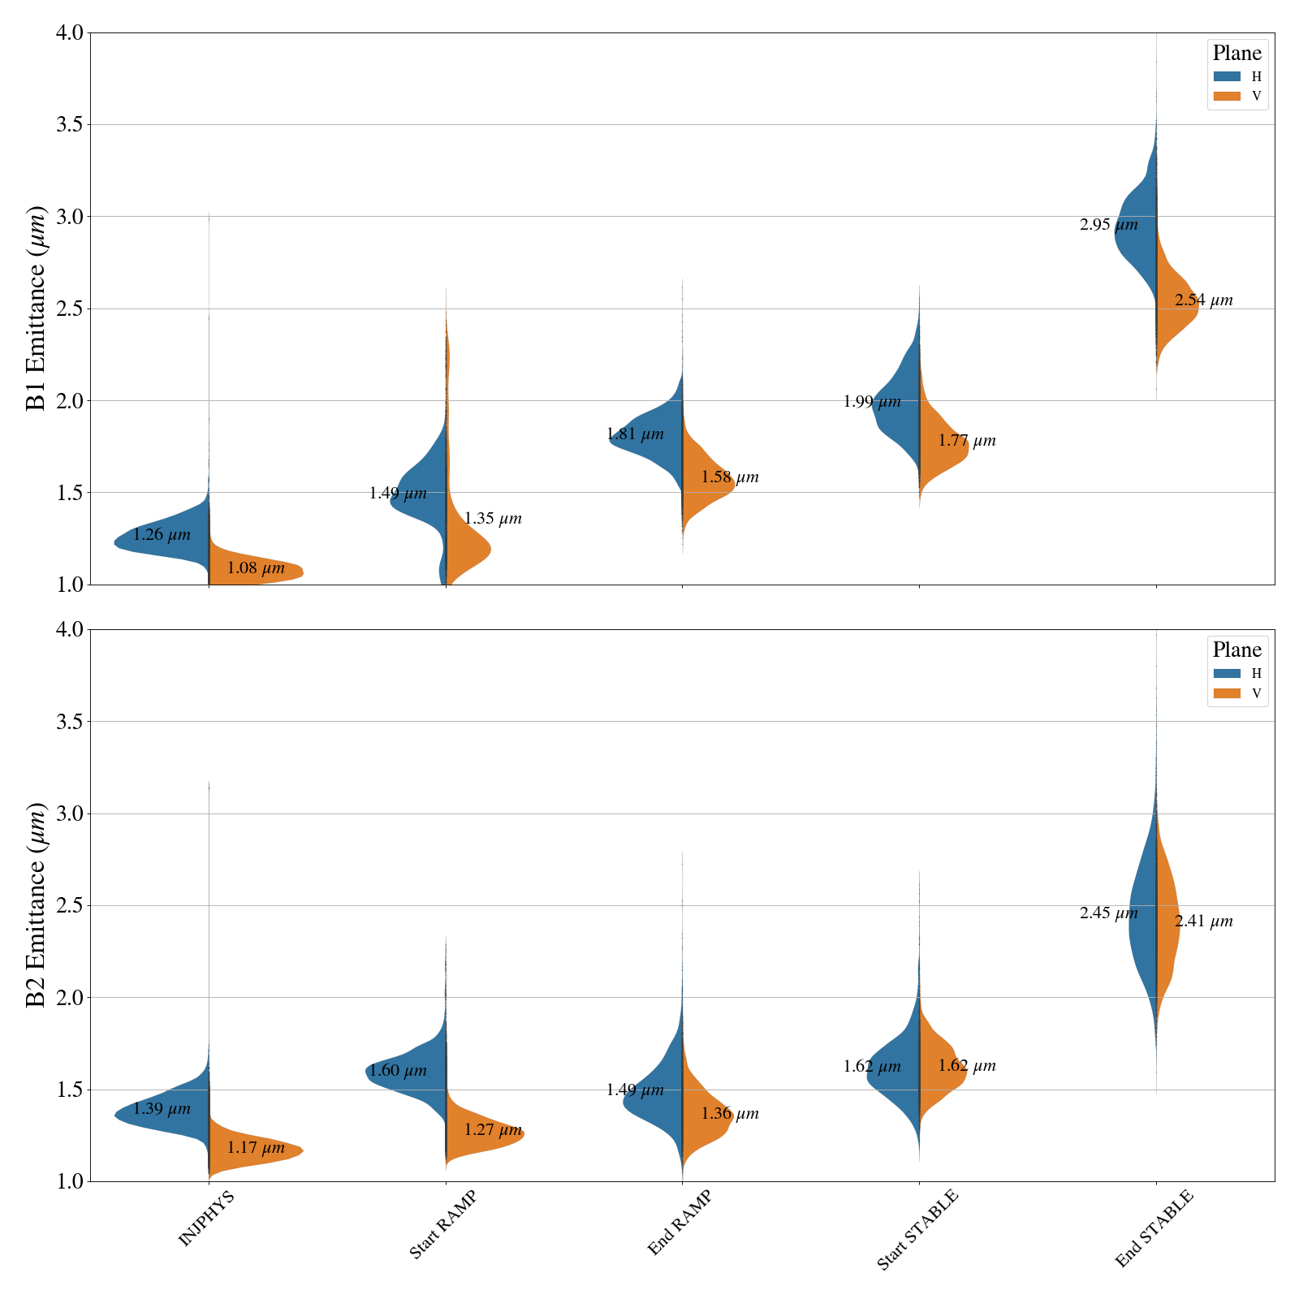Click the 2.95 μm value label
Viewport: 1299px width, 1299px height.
tap(1108, 226)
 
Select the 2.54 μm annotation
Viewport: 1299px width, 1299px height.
tap(1203, 300)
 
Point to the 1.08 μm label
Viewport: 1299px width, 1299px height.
tap(256, 568)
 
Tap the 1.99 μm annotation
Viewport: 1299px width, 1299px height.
tap(872, 402)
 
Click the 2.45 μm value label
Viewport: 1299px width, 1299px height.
tap(1108, 913)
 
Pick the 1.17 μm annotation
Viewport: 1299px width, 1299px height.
tap(256, 1148)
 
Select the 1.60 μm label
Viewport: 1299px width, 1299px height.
tap(398, 1071)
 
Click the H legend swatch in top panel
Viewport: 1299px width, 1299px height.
tap(1227, 76)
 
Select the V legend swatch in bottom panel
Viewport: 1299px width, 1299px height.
tap(1227, 693)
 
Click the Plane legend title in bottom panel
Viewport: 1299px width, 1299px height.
tap(1236, 650)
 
